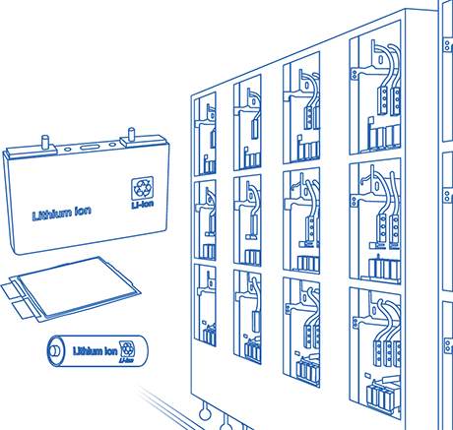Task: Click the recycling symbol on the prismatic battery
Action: click(x=142, y=188)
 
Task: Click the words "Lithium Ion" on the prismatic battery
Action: click(x=62, y=213)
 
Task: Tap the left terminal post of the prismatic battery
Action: click(x=45, y=142)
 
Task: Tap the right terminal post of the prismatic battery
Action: click(x=131, y=135)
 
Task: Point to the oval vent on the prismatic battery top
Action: click(x=90, y=147)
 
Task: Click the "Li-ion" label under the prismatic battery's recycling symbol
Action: click(x=143, y=205)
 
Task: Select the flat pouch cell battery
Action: click(x=71, y=289)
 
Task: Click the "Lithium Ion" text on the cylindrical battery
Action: click(x=95, y=351)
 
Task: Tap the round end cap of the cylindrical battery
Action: click(x=55, y=351)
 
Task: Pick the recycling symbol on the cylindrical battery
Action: click(x=127, y=349)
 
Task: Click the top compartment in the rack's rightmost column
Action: click(x=375, y=88)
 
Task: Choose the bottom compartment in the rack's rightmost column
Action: click(x=375, y=352)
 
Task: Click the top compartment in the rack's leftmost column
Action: click(x=205, y=134)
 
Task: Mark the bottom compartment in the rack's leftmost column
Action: click(x=205, y=305)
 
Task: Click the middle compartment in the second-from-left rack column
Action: click(x=247, y=220)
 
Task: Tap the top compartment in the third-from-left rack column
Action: click(x=301, y=107)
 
